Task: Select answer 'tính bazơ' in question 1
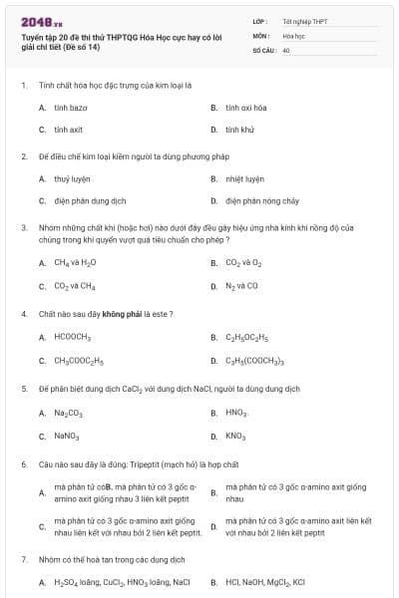point(71,107)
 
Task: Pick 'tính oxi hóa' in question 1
point(245,107)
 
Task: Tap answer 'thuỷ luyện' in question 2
point(72,178)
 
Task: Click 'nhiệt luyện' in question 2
point(245,178)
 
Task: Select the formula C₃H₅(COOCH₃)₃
point(255,361)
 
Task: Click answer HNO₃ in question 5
point(236,413)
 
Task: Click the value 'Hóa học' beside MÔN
point(293,35)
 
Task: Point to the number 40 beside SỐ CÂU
point(286,49)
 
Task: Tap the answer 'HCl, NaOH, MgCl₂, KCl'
point(265,582)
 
